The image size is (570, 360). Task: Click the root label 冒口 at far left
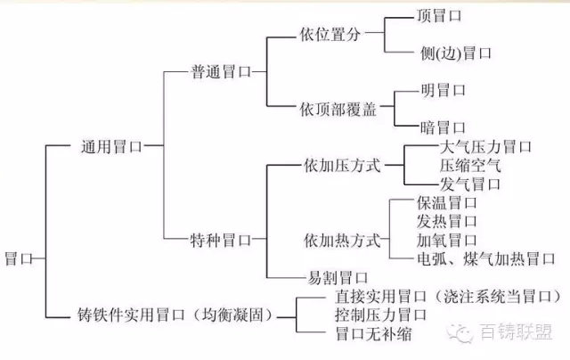(x=19, y=258)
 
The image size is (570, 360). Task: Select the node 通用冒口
(x=110, y=144)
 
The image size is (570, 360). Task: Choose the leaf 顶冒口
(x=440, y=16)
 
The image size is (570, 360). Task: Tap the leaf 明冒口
(x=443, y=90)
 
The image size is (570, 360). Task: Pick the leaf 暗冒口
(x=443, y=127)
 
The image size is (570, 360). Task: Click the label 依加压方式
(x=341, y=165)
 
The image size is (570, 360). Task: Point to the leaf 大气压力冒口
(x=485, y=146)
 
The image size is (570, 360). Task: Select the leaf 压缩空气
(x=470, y=165)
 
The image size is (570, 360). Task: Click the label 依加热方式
(x=341, y=240)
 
